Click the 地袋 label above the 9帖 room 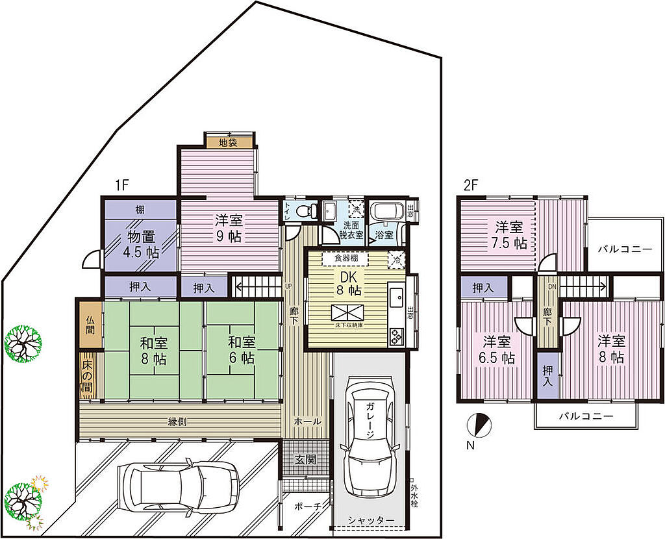click(x=227, y=142)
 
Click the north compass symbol click(x=479, y=426)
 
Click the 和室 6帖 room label click(x=240, y=349)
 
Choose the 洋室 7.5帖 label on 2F click(x=510, y=235)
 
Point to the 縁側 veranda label click(x=178, y=421)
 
